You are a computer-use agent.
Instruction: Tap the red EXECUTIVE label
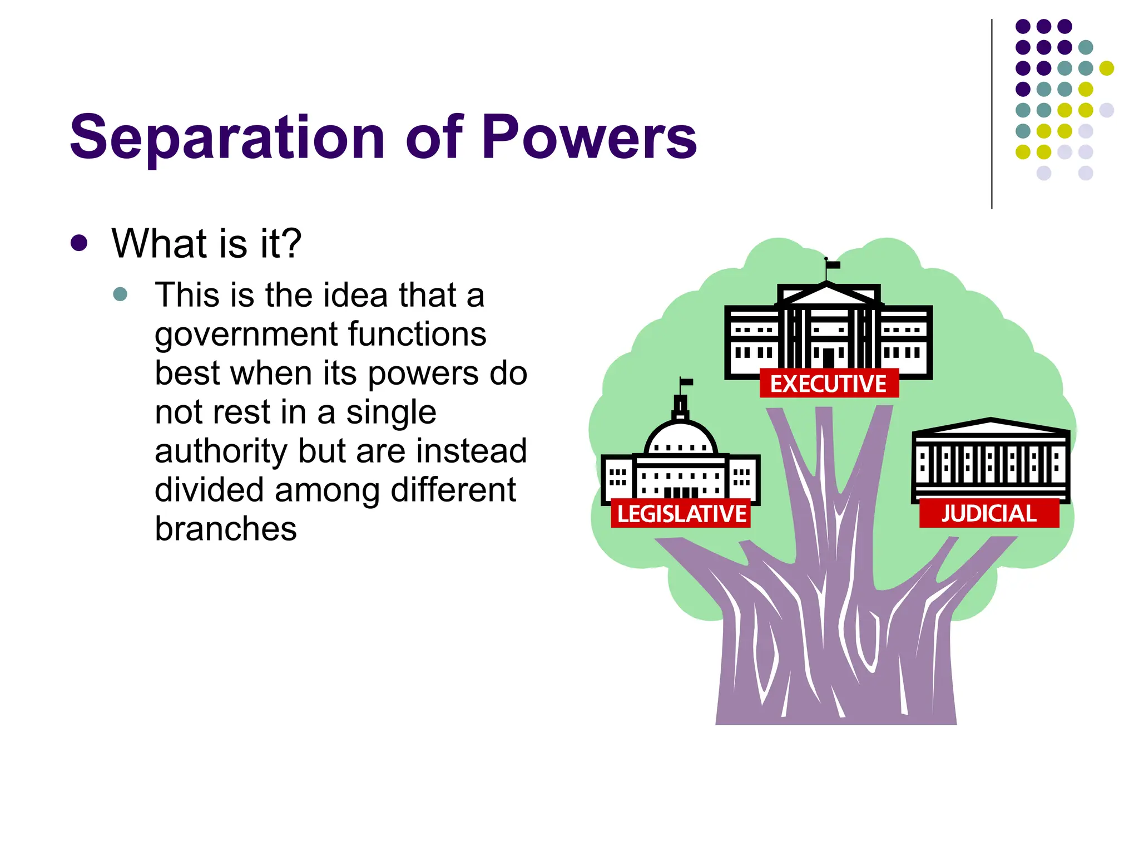828,384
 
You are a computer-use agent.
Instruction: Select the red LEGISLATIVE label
681,513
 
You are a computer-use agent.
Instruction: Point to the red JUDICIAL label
989,513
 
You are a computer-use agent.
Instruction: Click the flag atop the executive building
833,265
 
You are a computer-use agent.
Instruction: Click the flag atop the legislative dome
687,382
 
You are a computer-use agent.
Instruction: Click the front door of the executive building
829,357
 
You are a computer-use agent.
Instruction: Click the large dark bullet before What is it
80,243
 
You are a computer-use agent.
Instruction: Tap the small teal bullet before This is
120,294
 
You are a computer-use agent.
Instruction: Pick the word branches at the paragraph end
226,529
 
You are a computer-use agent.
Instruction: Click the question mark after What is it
290,243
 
